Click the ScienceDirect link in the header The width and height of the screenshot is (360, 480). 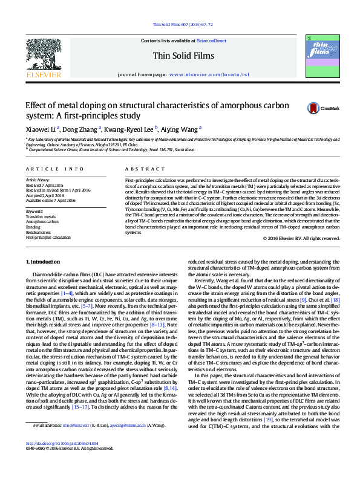pyautogui.click(x=209, y=41)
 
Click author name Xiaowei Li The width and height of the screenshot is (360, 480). pyautogui.click(x=40, y=128)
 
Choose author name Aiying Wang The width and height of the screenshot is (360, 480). pyautogui.click(x=180, y=128)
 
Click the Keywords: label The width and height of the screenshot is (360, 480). pyautogui.click(x=35, y=210)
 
